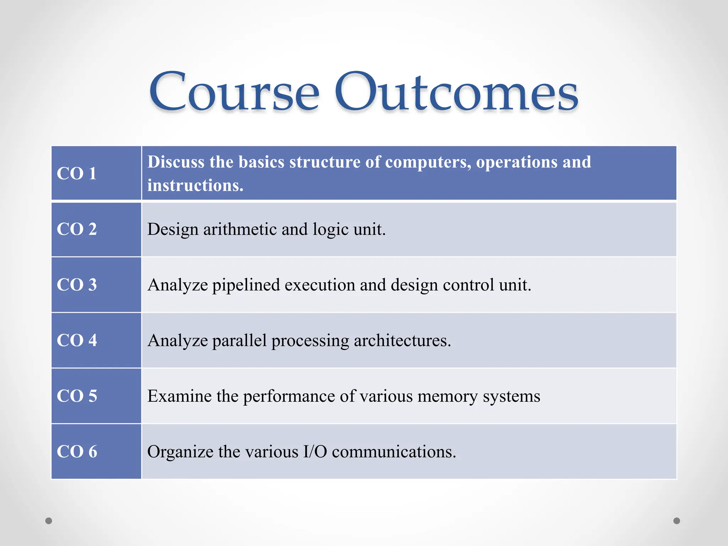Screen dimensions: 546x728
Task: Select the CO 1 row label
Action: click(x=76, y=173)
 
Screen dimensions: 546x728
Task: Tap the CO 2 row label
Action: click(x=76, y=229)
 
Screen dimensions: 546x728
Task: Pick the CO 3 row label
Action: click(x=76, y=285)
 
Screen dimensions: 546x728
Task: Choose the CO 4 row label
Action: click(x=76, y=340)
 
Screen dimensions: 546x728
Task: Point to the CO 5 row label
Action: click(x=76, y=396)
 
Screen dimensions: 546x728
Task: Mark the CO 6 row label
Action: click(x=76, y=451)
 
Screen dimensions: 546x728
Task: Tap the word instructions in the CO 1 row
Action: click(x=195, y=186)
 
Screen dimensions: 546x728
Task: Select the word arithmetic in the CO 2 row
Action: click(x=240, y=229)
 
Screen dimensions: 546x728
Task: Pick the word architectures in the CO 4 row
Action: click(x=402, y=341)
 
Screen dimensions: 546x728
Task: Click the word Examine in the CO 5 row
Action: click(x=180, y=396)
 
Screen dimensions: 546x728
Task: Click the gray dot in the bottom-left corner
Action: click(x=49, y=521)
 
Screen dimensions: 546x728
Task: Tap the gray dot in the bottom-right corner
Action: click(x=677, y=521)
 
